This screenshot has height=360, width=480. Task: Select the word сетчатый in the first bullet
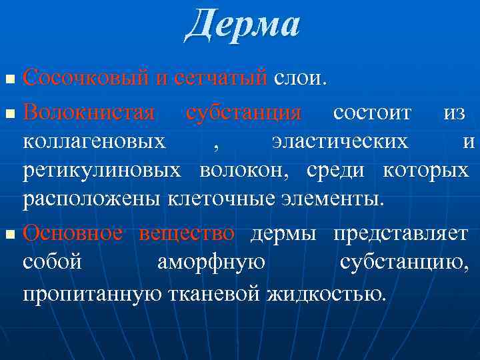tap(221, 79)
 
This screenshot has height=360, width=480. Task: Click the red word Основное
tap(73, 233)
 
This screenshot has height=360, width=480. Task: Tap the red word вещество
tap(187, 233)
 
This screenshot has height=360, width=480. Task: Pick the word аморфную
tap(211, 263)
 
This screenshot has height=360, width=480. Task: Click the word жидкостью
tap(326, 293)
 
